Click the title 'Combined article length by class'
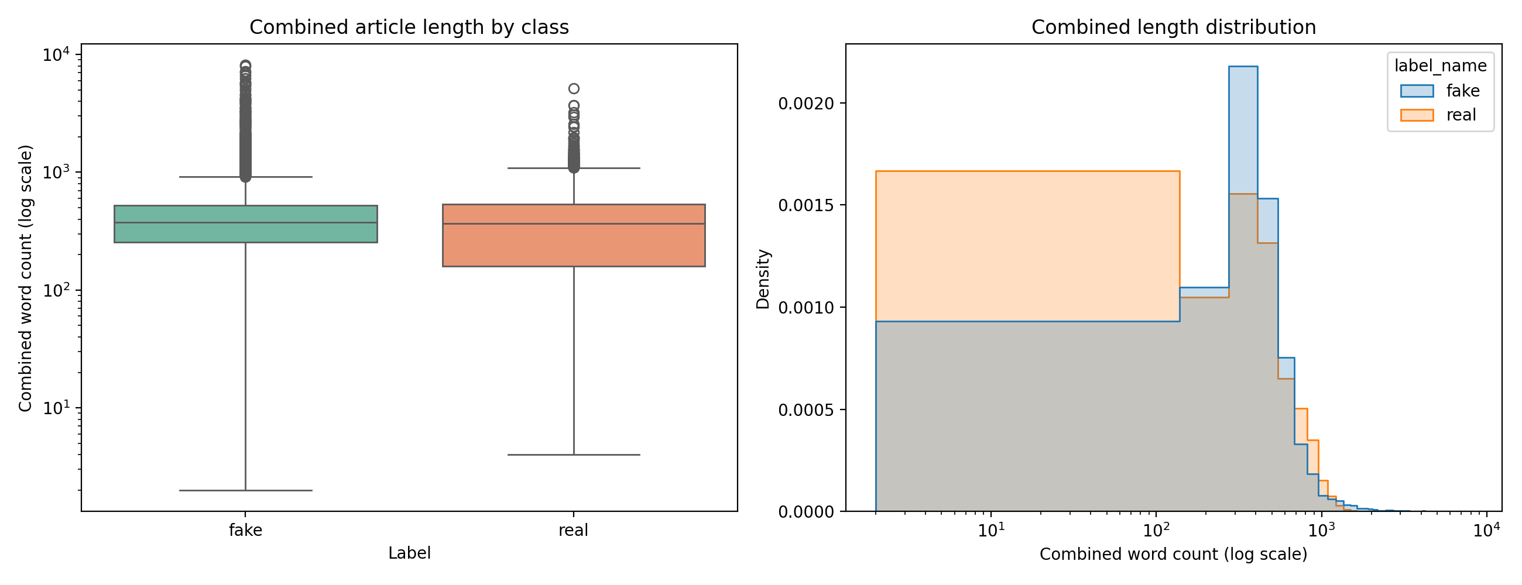(409, 27)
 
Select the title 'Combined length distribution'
(1174, 27)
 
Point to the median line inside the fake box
(245, 222)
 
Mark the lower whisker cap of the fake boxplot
(245, 490)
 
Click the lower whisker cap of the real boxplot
(574, 455)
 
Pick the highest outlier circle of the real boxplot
(574, 88)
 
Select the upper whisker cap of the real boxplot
(574, 168)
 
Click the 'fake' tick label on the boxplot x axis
(245, 530)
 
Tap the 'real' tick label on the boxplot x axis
(573, 530)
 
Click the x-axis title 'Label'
(409, 553)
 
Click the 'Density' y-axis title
(763, 278)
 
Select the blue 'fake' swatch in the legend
(1417, 91)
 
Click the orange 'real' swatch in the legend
(1417, 115)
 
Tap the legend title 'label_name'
(1441, 66)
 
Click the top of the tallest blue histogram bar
(1243, 67)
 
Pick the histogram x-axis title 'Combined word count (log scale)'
(1174, 555)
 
